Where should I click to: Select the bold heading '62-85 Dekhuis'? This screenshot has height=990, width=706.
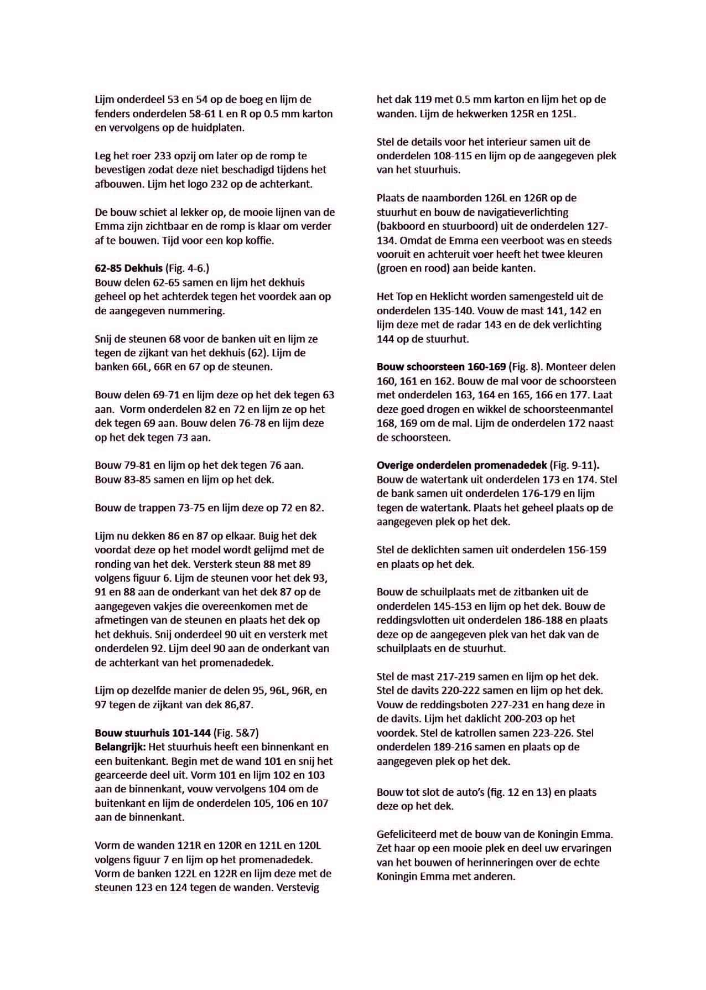click(x=129, y=268)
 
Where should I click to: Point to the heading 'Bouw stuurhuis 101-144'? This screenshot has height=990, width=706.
click(x=153, y=733)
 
